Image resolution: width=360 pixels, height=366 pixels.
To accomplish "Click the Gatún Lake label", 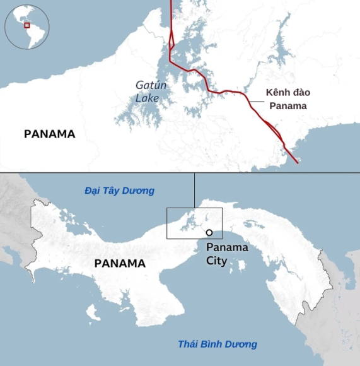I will tap(148, 91).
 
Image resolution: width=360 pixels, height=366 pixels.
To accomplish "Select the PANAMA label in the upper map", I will tap(49, 134).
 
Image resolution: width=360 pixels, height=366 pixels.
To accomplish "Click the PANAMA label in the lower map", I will tap(120, 263).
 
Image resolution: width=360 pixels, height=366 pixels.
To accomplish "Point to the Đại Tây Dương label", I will tap(120, 191).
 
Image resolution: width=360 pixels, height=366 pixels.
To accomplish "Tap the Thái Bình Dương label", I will tap(218, 344).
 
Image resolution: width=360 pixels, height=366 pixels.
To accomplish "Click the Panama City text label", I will tap(227, 254).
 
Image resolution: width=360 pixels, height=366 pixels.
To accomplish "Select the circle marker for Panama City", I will tap(209, 233).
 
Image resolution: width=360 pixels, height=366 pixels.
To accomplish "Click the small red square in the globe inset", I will tap(27, 25).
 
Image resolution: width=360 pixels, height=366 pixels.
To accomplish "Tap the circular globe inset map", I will tap(27, 28).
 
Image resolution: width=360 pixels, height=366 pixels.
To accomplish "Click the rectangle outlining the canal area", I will tap(194, 223).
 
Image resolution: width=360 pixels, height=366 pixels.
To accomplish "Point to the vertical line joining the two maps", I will tap(194, 190).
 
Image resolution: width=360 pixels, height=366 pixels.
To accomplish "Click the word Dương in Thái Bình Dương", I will tap(242, 344).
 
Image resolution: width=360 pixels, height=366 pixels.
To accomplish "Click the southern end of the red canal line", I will tap(297, 162).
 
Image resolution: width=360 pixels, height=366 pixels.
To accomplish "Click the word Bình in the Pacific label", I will tap(213, 344).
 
